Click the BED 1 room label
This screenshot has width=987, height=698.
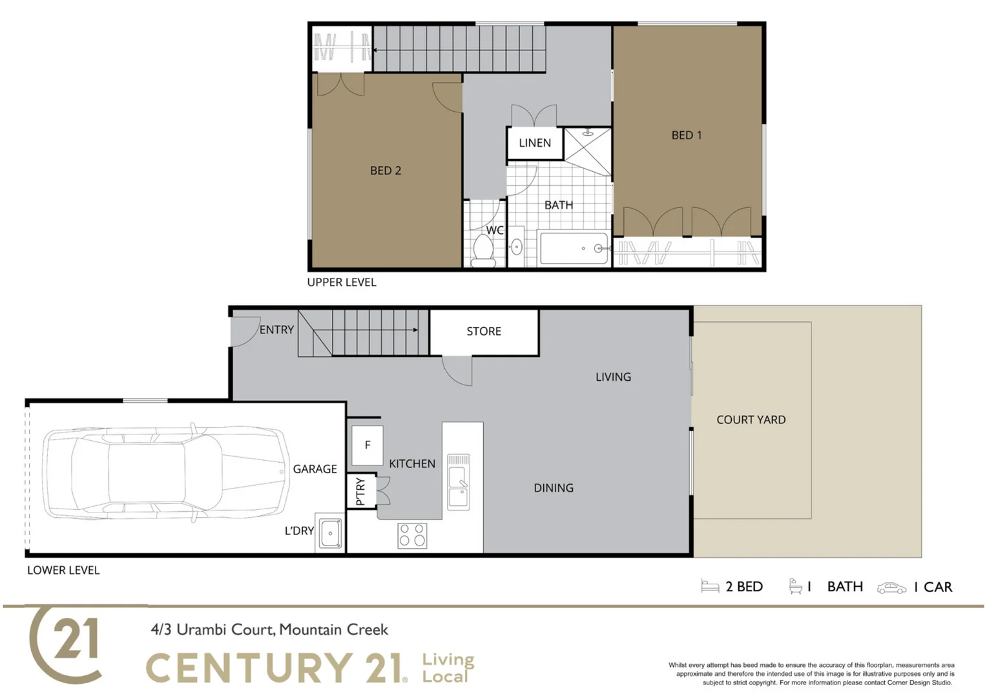click(x=686, y=135)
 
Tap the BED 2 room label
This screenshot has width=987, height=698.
click(x=385, y=171)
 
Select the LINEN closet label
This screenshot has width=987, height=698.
click(x=534, y=143)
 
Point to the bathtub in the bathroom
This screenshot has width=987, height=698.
click(x=574, y=248)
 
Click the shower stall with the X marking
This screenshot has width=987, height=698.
click(x=587, y=151)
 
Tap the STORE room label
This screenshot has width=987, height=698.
click(x=484, y=331)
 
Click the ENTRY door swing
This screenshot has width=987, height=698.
click(x=244, y=331)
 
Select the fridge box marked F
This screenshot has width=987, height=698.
click(x=367, y=445)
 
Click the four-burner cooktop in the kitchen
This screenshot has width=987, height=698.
click(x=412, y=536)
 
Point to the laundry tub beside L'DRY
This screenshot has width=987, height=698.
click(x=330, y=533)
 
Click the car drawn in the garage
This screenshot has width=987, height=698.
click(x=167, y=472)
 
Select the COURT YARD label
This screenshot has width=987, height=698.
click(x=751, y=419)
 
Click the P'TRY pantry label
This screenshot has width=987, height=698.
click(x=360, y=491)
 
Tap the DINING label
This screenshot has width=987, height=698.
click(x=553, y=488)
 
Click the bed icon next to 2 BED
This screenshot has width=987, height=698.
click(x=710, y=586)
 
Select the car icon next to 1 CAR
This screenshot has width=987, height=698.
click(x=891, y=587)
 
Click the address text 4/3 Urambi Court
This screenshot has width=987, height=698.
click(x=269, y=629)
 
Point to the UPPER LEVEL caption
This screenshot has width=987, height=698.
click(x=341, y=282)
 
